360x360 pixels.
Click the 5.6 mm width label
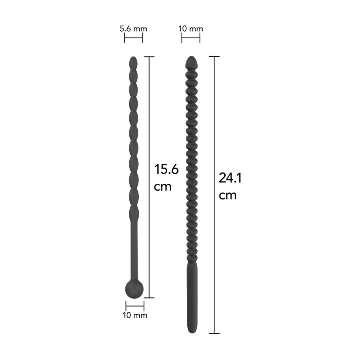133,29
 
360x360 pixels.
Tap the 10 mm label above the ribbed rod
191,29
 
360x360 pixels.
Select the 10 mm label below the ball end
135,315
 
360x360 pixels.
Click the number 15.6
166,169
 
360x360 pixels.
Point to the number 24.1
230,178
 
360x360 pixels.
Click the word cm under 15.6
163,187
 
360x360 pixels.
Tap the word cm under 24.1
228,195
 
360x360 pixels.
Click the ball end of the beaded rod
134,289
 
